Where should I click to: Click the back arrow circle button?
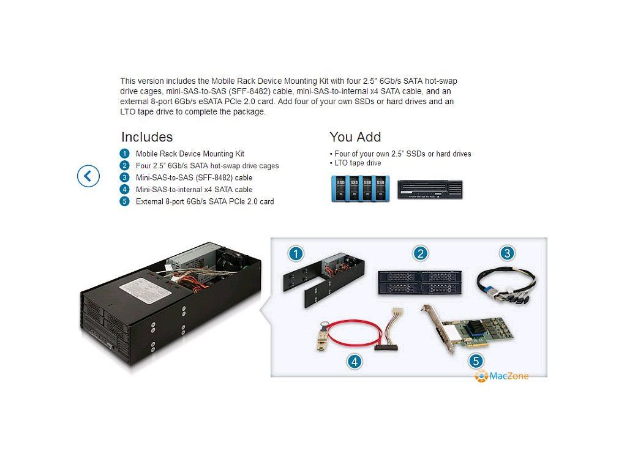pos(88,176)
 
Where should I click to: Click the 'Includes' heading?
pos(147,137)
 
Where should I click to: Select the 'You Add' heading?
pos(355,137)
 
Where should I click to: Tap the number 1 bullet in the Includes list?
pos(125,154)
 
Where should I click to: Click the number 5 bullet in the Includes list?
pos(125,201)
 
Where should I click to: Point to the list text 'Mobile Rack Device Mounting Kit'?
pos(190,154)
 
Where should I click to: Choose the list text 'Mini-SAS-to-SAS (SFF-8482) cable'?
pos(193,178)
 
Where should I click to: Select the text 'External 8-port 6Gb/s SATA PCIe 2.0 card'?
pos(205,201)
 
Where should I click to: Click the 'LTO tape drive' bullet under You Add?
pos(357,163)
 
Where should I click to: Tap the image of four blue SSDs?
pos(360,188)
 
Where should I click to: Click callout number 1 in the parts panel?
pos(296,253)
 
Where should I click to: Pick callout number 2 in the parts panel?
pos(420,253)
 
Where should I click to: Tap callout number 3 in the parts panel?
pos(506,253)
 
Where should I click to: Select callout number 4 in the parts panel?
pos(354,361)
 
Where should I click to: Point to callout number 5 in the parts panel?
pos(475,361)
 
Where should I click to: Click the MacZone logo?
pos(501,376)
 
